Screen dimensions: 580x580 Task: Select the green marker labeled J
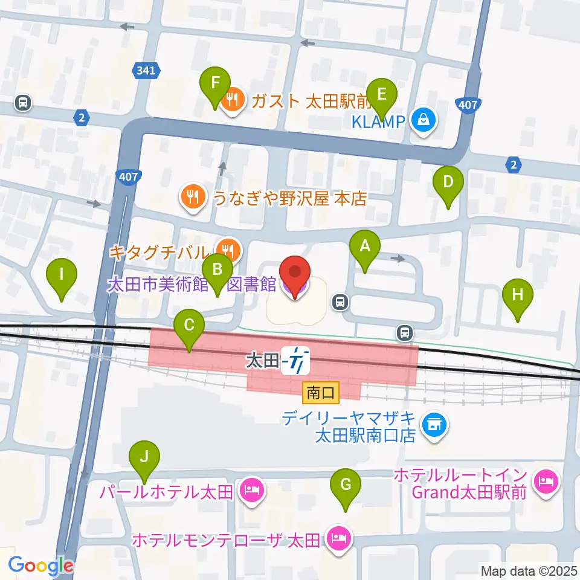tap(143, 457)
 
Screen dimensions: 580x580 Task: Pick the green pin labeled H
tap(518, 295)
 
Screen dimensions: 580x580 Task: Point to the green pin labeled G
tap(346, 485)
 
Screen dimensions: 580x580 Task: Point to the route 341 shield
tap(146, 71)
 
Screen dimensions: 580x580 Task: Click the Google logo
tap(40, 565)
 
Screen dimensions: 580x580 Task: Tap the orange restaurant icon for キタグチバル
tap(228, 248)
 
